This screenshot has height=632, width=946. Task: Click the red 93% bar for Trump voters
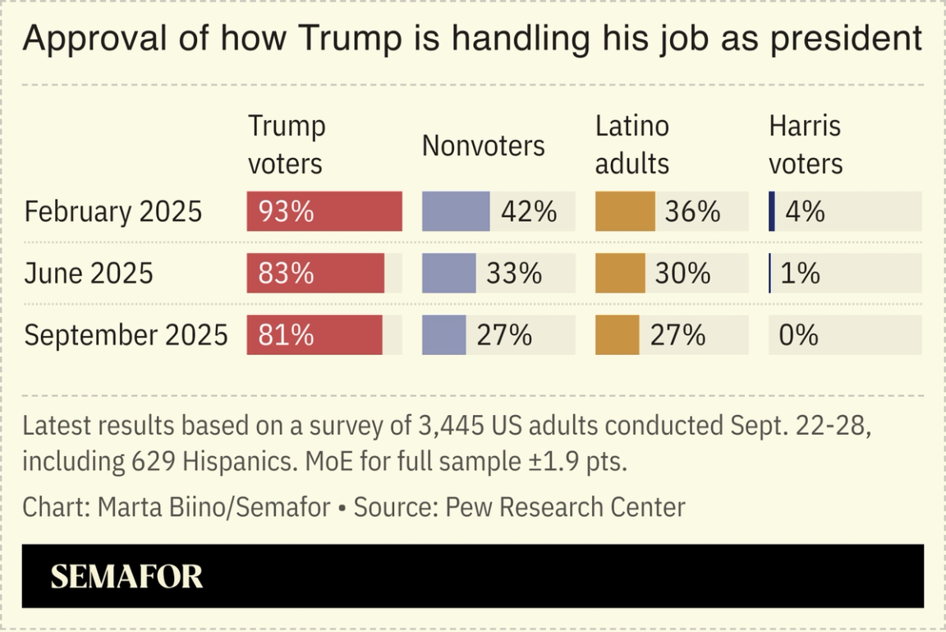point(324,211)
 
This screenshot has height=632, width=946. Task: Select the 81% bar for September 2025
point(315,335)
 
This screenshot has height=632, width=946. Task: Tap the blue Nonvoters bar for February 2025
point(456,211)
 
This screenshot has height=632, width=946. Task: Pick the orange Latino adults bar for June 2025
point(620,274)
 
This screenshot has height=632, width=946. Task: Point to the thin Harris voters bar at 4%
point(772,211)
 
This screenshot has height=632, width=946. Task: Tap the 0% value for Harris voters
point(799,335)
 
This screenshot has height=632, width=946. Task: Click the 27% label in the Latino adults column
point(677,335)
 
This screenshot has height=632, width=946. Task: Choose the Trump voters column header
point(287,145)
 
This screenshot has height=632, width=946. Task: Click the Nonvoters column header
point(483,145)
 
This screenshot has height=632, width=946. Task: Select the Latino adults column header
point(632,145)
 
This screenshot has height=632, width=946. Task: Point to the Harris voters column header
point(806,145)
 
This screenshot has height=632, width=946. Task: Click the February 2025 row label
point(113,212)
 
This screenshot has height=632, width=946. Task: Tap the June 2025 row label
point(89,274)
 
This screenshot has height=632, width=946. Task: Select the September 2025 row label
point(126,335)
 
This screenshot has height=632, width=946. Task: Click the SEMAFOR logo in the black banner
point(126,576)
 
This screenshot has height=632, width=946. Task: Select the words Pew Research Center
point(565,507)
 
